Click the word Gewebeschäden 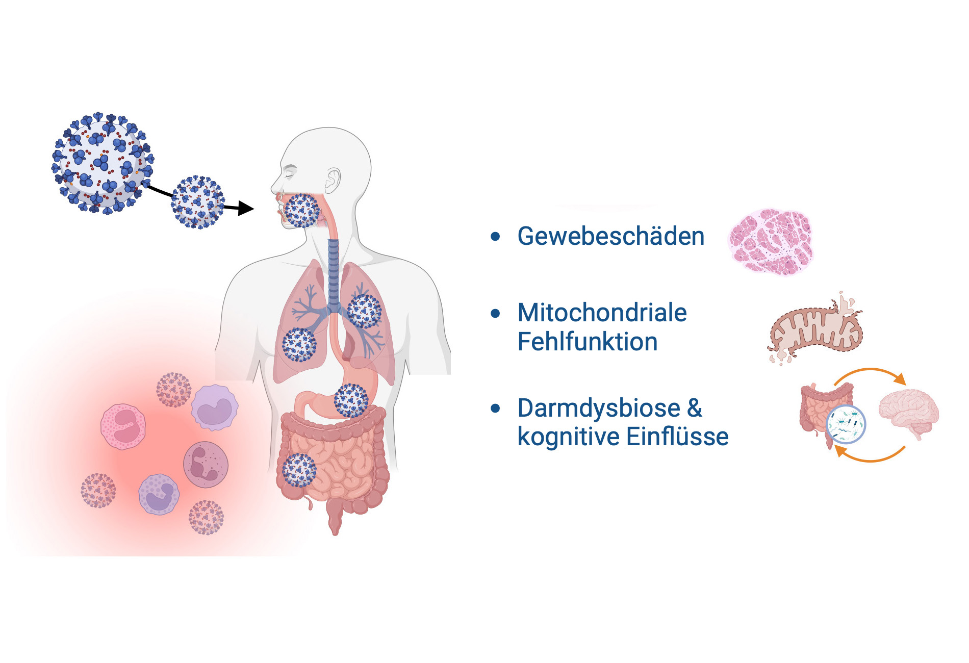point(611,236)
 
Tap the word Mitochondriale point(602,313)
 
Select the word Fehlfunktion point(588,342)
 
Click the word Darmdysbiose point(599,409)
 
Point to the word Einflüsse point(677,437)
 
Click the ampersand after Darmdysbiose point(695,408)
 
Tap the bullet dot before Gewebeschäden point(495,237)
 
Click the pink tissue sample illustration point(771,242)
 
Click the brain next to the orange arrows point(909,413)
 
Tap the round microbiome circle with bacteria point(846,424)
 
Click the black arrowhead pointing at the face point(246,208)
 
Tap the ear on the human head point(333,181)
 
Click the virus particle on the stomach point(351,401)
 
